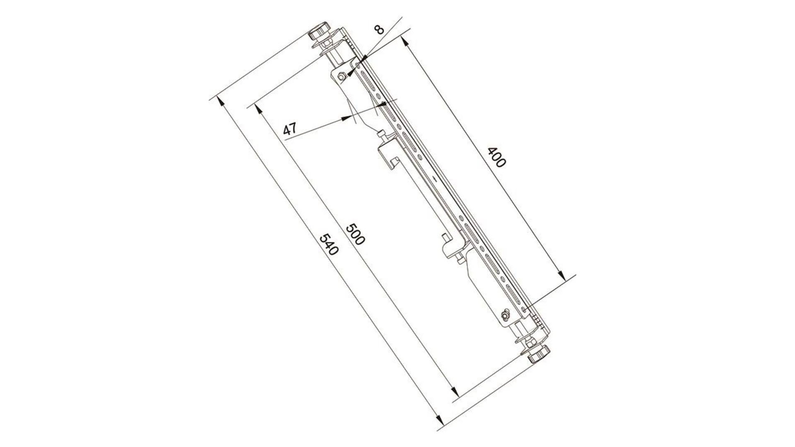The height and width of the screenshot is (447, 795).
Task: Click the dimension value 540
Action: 329,245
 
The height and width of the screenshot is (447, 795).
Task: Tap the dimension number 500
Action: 355,234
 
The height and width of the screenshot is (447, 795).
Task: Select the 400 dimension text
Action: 496,157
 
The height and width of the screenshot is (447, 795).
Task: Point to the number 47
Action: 290,129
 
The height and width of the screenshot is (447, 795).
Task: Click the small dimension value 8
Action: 379,29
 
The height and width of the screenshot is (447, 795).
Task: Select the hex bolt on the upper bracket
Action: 342,77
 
